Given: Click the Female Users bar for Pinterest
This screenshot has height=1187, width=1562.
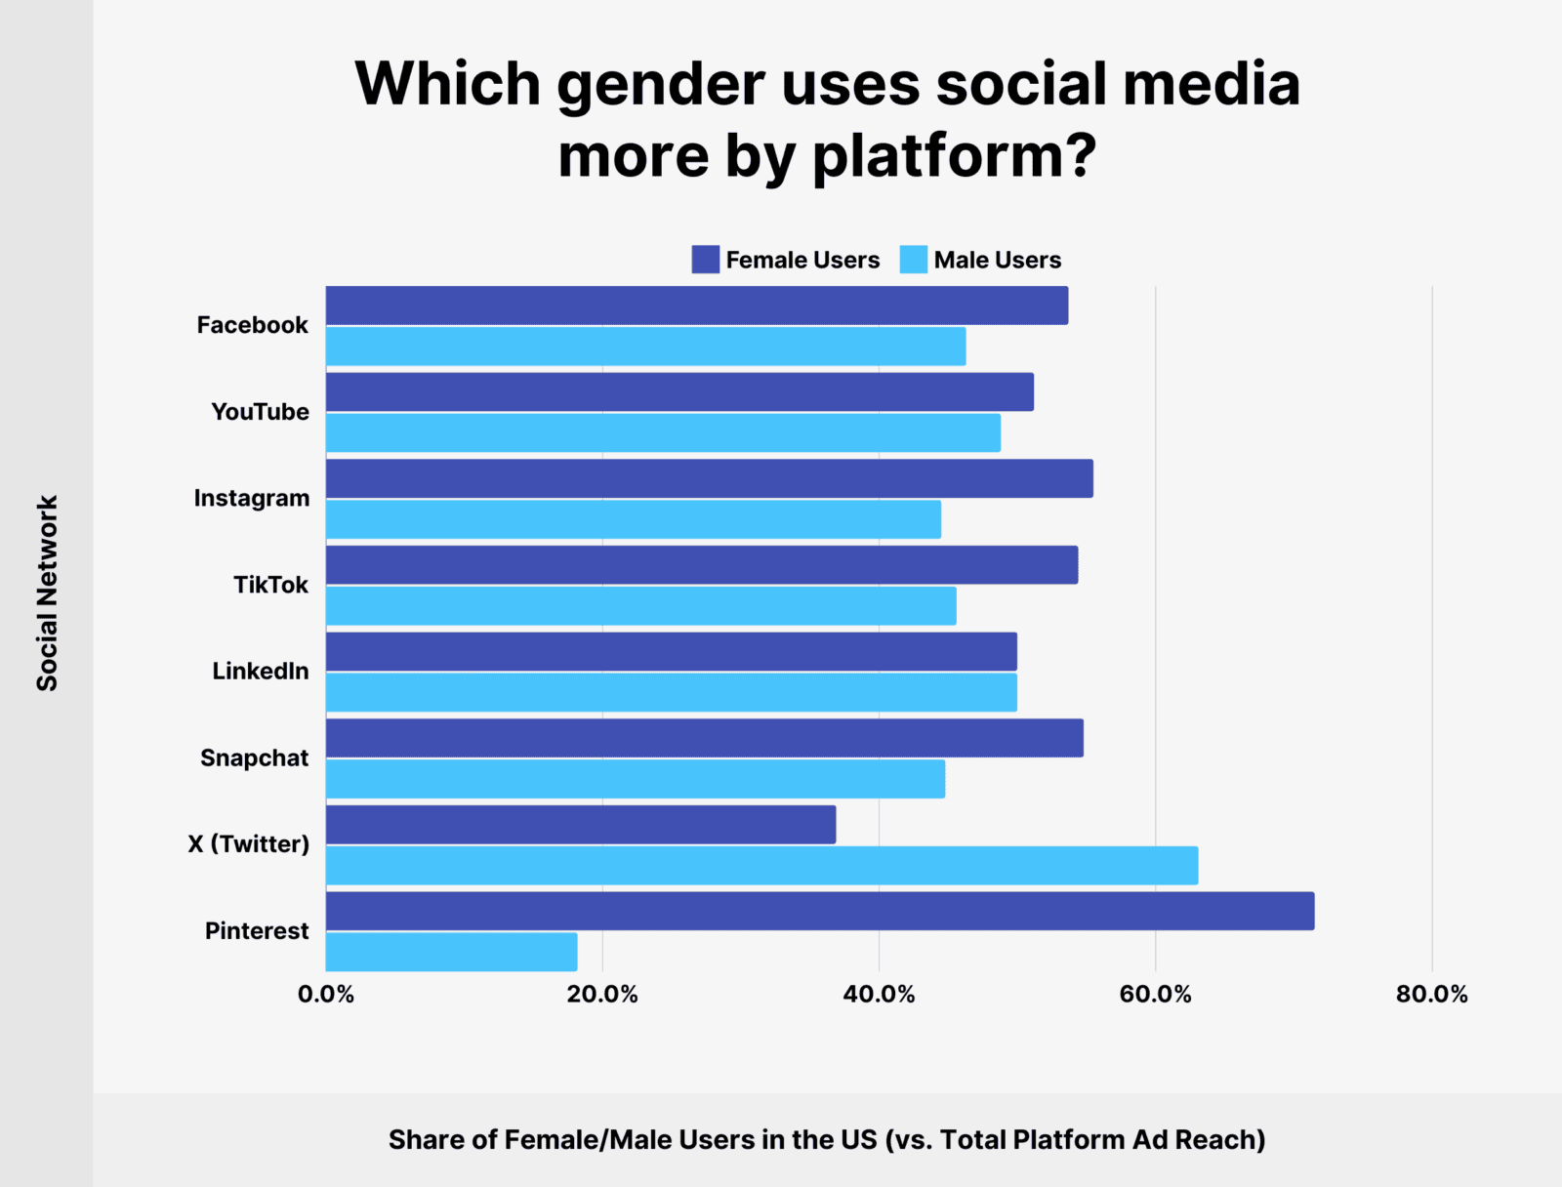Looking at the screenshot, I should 820,911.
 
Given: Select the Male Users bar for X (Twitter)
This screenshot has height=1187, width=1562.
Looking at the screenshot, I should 761,866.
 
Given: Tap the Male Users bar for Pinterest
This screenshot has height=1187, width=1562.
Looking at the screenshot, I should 451,952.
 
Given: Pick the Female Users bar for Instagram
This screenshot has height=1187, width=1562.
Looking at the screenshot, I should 710,478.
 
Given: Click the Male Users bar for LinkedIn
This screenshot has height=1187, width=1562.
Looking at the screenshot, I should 672,693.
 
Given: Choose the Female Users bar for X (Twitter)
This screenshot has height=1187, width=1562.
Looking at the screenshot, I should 581,825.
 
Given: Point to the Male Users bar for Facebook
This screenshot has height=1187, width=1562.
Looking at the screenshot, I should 645,347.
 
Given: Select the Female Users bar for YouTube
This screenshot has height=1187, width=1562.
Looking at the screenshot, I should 679,391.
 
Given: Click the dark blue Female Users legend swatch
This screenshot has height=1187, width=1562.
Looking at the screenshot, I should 705,260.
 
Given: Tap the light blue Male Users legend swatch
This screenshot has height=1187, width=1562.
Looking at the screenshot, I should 913,260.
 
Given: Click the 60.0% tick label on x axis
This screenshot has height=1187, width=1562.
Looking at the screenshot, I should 1155,995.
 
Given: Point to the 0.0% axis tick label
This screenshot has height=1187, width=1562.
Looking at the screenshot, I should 326,995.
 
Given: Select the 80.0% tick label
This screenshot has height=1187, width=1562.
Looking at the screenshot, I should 1431,995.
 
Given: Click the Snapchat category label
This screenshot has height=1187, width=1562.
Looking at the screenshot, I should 254,758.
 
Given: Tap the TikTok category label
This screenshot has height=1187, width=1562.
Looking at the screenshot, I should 270,585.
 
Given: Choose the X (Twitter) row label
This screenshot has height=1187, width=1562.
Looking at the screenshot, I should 248,844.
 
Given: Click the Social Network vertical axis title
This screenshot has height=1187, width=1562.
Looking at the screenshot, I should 48,593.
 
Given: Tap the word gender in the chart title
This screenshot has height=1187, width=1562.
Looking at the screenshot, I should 660,86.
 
